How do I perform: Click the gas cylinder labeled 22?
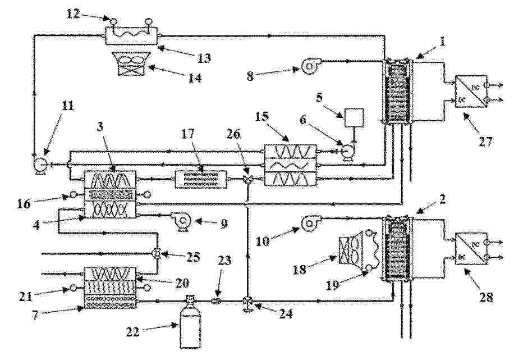pyautogui.click(x=190, y=323)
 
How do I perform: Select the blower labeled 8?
pyautogui.click(x=309, y=66)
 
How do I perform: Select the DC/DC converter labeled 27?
pyautogui.click(x=471, y=92)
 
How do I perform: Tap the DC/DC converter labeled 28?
pyautogui.click(x=471, y=249)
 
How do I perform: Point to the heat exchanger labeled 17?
pyautogui.click(x=201, y=179)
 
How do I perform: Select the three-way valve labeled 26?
pyautogui.click(x=248, y=179)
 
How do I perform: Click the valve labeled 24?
pyautogui.click(x=248, y=302)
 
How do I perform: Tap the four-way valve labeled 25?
pyautogui.click(x=157, y=254)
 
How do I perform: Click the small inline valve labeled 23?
pyautogui.click(x=215, y=301)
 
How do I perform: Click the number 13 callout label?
pyautogui.click(x=204, y=58)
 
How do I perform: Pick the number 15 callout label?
pyautogui.click(x=261, y=116)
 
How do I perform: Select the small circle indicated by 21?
pyautogui.click(x=74, y=289)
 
